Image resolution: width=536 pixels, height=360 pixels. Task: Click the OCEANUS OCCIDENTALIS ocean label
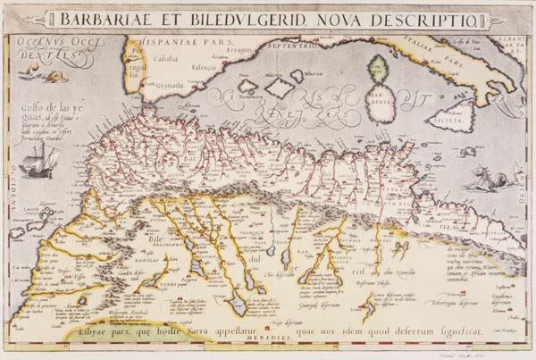coord(55,47)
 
